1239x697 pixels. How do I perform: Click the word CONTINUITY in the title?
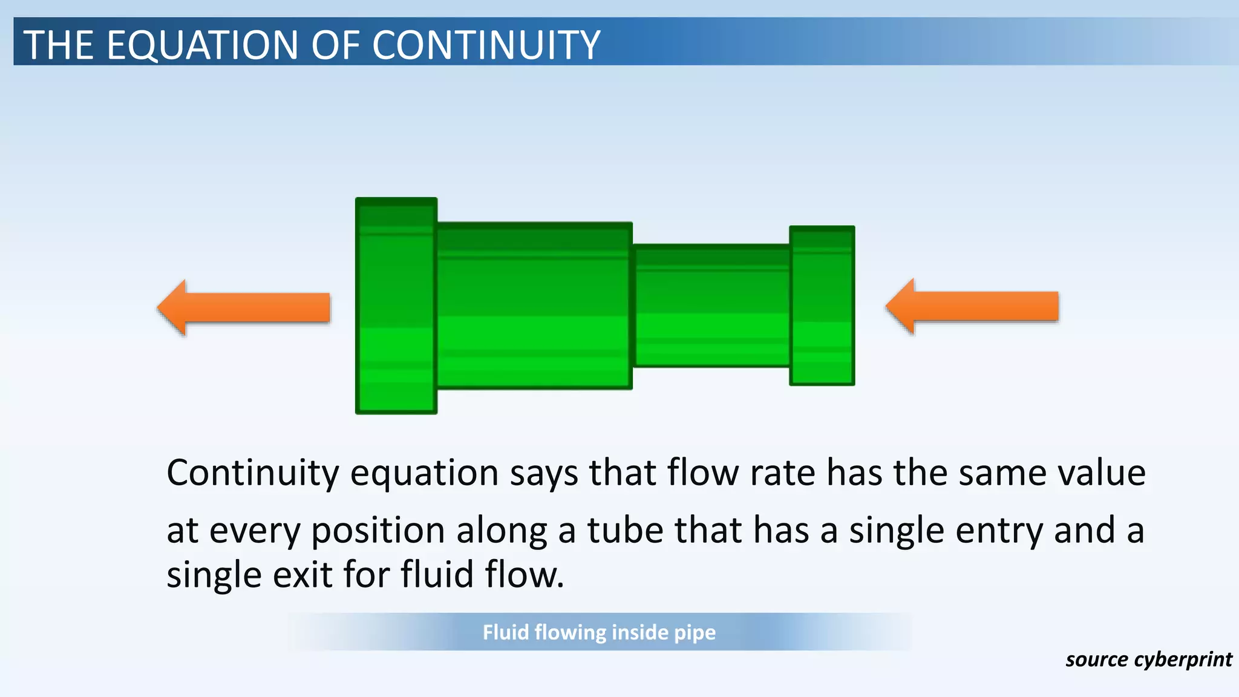pyautogui.click(x=486, y=45)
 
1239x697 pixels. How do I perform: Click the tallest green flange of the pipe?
pyautogui.click(x=396, y=306)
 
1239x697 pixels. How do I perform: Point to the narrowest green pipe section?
pyautogui.click(x=711, y=306)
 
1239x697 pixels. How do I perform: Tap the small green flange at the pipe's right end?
pyautogui.click(x=822, y=306)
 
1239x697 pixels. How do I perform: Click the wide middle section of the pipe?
pyautogui.click(x=534, y=306)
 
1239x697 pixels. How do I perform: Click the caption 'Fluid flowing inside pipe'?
pyautogui.click(x=599, y=632)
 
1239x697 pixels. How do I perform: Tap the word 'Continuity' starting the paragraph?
pyautogui.click(x=252, y=473)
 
